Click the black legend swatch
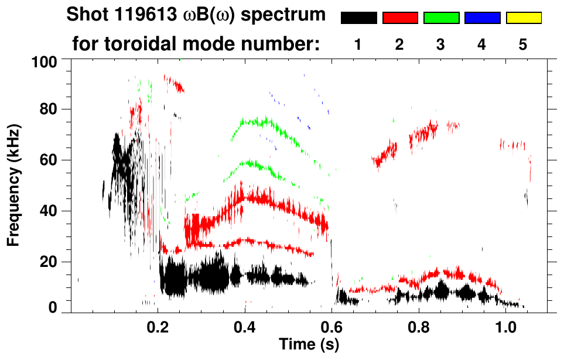pyautogui.click(x=358, y=18)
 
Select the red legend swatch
pyautogui.click(x=400, y=18)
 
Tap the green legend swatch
pyautogui.click(x=441, y=18)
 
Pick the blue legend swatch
pyautogui.click(x=482, y=18)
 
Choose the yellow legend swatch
pyautogui.click(x=523, y=18)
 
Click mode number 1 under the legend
pyautogui.click(x=358, y=44)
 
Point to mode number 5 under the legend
pyautogui.click(x=523, y=44)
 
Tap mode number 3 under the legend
pyautogui.click(x=441, y=44)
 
